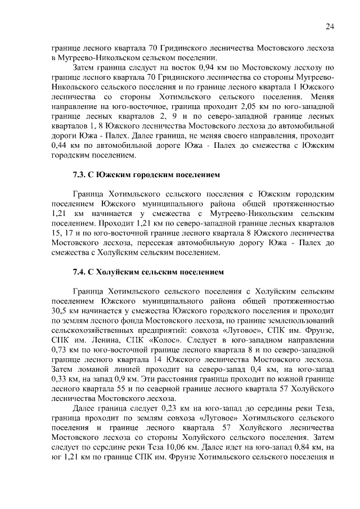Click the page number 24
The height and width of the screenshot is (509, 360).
click(x=330, y=26)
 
